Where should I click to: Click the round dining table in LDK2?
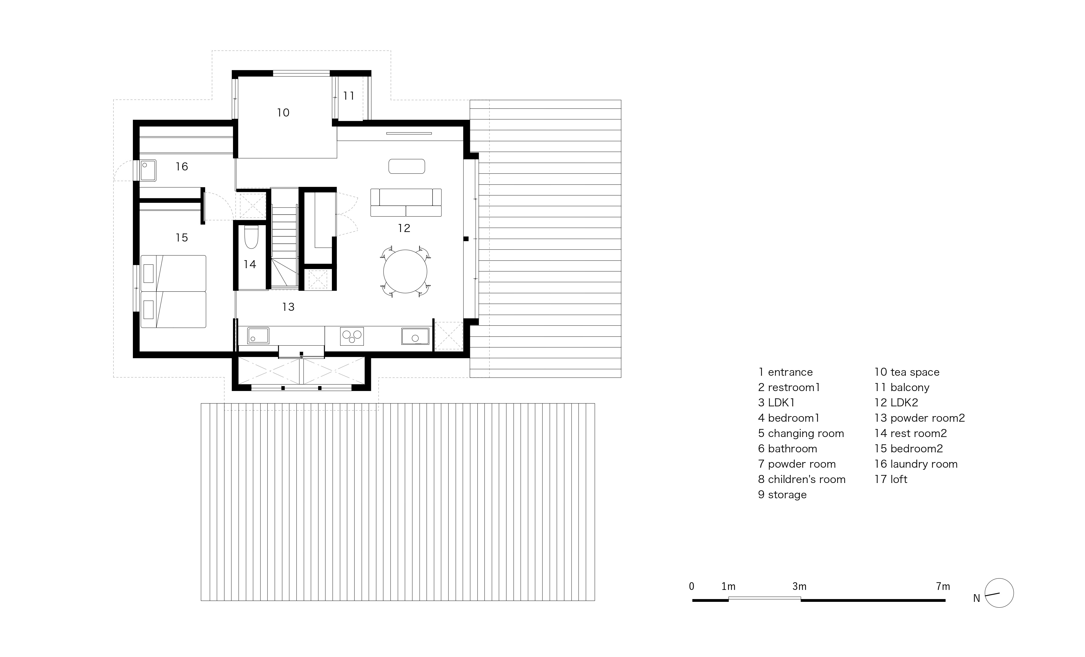tap(405, 272)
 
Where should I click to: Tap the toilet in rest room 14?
tap(251, 237)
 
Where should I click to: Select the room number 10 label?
tap(283, 113)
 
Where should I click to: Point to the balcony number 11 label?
tap(349, 96)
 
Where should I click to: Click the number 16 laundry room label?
tap(182, 167)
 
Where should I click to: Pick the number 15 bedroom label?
tap(182, 238)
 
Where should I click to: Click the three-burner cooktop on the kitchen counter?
tap(352, 336)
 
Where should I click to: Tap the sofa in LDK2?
tap(406, 203)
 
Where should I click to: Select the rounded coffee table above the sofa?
tap(407, 166)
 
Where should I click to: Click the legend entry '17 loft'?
tap(891, 480)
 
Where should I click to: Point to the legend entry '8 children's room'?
tap(802, 480)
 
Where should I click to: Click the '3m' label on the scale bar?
tap(799, 587)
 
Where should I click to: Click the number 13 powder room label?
tap(288, 307)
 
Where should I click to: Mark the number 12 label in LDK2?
tap(404, 228)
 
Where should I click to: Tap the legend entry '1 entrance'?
tap(785, 372)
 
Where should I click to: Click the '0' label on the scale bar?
tap(692, 587)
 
